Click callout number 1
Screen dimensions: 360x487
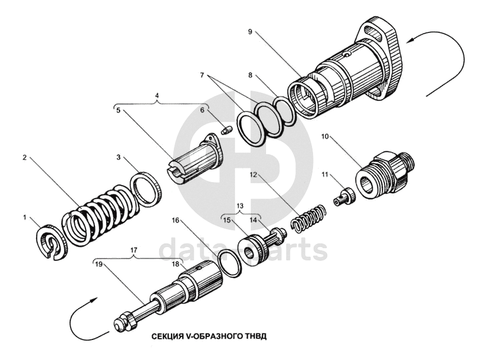point(25,217)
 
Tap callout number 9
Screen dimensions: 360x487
point(251,31)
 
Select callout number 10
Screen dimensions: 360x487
point(325,137)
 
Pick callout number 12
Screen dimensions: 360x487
point(252,175)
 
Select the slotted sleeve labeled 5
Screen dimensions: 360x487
point(196,162)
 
